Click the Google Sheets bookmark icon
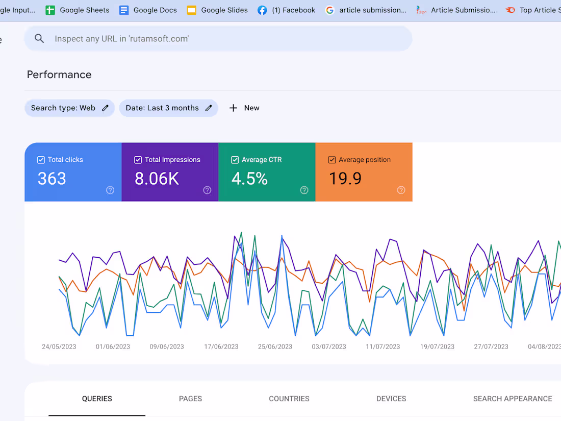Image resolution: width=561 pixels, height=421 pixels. coord(50,10)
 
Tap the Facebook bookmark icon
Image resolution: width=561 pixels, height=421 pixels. coord(262,10)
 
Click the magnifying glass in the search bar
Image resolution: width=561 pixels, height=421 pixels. coord(39,39)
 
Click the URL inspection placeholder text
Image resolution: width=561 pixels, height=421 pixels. coord(121,39)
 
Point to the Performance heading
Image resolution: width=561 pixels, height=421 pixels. coord(59,75)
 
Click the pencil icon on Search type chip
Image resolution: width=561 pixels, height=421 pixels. coord(105,108)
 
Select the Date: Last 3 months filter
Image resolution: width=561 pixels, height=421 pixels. coord(162,108)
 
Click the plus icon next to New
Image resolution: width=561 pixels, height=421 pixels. coord(233,108)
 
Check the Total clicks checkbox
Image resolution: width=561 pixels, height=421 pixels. coord(41,160)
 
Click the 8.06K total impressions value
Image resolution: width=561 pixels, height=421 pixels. coord(157,179)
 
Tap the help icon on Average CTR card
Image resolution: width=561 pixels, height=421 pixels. coord(304,190)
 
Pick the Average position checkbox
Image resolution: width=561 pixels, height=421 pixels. coord(332,160)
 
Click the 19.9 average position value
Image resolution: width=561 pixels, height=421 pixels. coord(345,179)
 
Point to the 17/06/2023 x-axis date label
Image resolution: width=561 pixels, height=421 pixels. coord(221,346)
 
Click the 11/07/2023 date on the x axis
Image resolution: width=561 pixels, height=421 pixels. coord(383,346)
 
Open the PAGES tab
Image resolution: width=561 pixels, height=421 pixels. coord(190,399)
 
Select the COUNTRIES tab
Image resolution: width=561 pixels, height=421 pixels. coord(289,399)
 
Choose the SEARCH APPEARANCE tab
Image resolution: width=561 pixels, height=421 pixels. coord(512,399)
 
